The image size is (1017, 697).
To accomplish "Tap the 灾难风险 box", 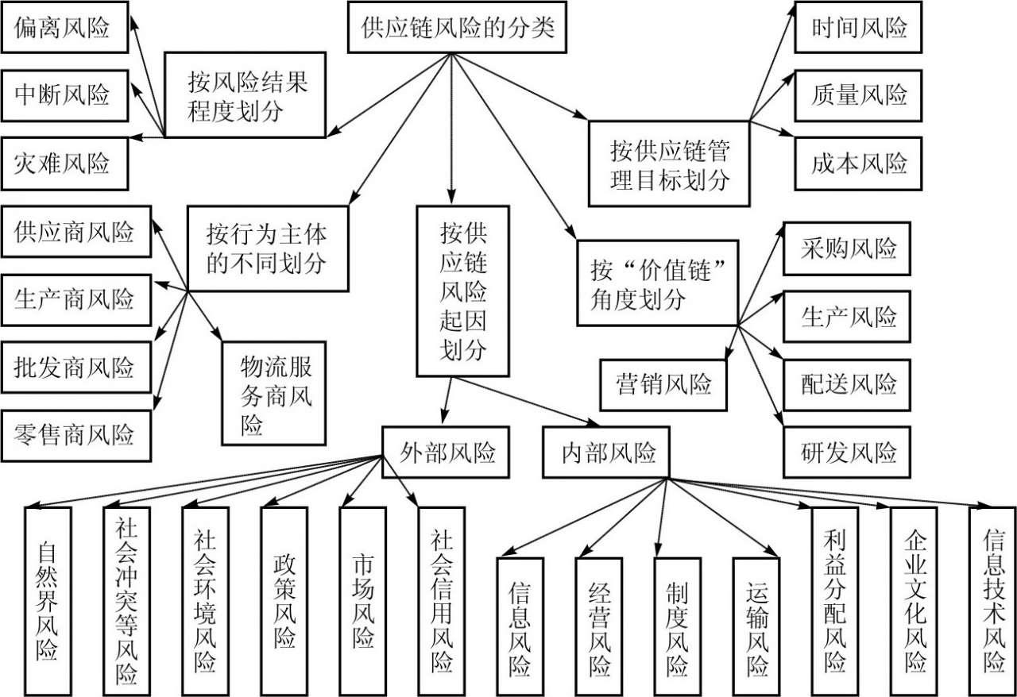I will pyautogui.click(x=62, y=164).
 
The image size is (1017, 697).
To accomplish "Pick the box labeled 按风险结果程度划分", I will pyautogui.click(x=246, y=95).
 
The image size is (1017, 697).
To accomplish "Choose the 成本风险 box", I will pyautogui.click(x=859, y=164).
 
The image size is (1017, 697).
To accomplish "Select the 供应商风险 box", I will pyautogui.click(x=75, y=233).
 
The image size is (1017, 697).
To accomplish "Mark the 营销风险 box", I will pyautogui.click(x=663, y=385).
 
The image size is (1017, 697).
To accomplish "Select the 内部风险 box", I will pyautogui.click(x=607, y=453).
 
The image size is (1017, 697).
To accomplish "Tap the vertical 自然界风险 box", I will pyautogui.click(x=47, y=599).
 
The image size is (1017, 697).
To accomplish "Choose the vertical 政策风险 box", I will pyautogui.click(x=284, y=599).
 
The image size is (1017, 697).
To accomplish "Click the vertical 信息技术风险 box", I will pyautogui.click(x=992, y=599).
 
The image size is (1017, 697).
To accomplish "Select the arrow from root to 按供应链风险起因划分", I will pyautogui.click(x=451, y=127).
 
